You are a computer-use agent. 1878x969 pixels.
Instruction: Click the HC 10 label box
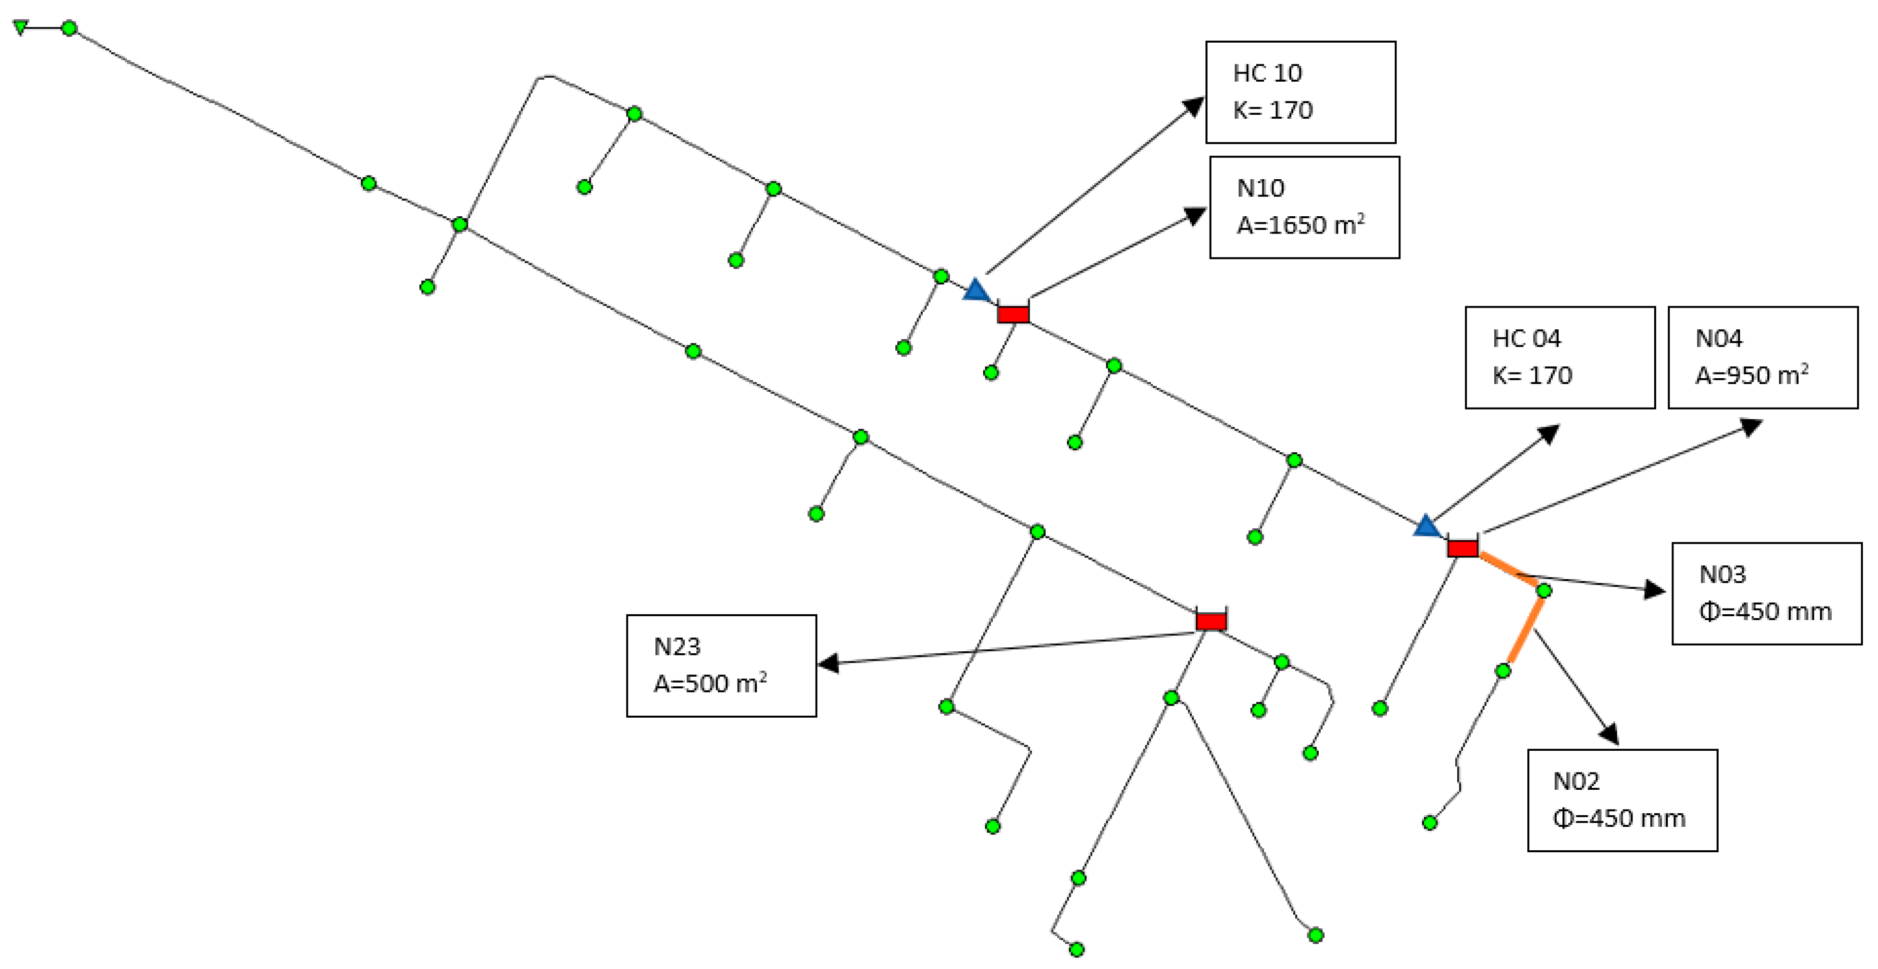click(1300, 92)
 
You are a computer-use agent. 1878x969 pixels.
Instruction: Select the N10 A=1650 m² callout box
click(1304, 207)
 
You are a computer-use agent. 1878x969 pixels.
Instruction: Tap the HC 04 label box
click(1559, 357)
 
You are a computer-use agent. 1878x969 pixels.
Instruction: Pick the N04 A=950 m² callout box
click(1762, 357)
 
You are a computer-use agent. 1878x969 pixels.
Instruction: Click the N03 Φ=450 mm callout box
click(1766, 593)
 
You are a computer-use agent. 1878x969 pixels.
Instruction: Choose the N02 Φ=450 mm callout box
click(1622, 800)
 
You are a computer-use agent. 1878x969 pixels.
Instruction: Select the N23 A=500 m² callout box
click(721, 665)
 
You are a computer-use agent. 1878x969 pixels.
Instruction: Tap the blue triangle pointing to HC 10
click(976, 290)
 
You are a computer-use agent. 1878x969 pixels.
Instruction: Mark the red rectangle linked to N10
click(1013, 314)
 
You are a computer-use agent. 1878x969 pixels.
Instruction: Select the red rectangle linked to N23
click(1211, 620)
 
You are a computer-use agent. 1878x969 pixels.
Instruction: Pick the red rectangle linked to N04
click(1462, 548)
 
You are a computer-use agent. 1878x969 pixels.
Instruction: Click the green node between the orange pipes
click(1544, 590)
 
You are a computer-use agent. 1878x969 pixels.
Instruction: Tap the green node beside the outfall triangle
click(69, 28)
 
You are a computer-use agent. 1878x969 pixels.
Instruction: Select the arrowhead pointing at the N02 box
click(1609, 733)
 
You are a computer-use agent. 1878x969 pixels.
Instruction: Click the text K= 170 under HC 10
click(1272, 110)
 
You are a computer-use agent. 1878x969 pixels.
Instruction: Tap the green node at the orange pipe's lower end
click(1502, 670)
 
